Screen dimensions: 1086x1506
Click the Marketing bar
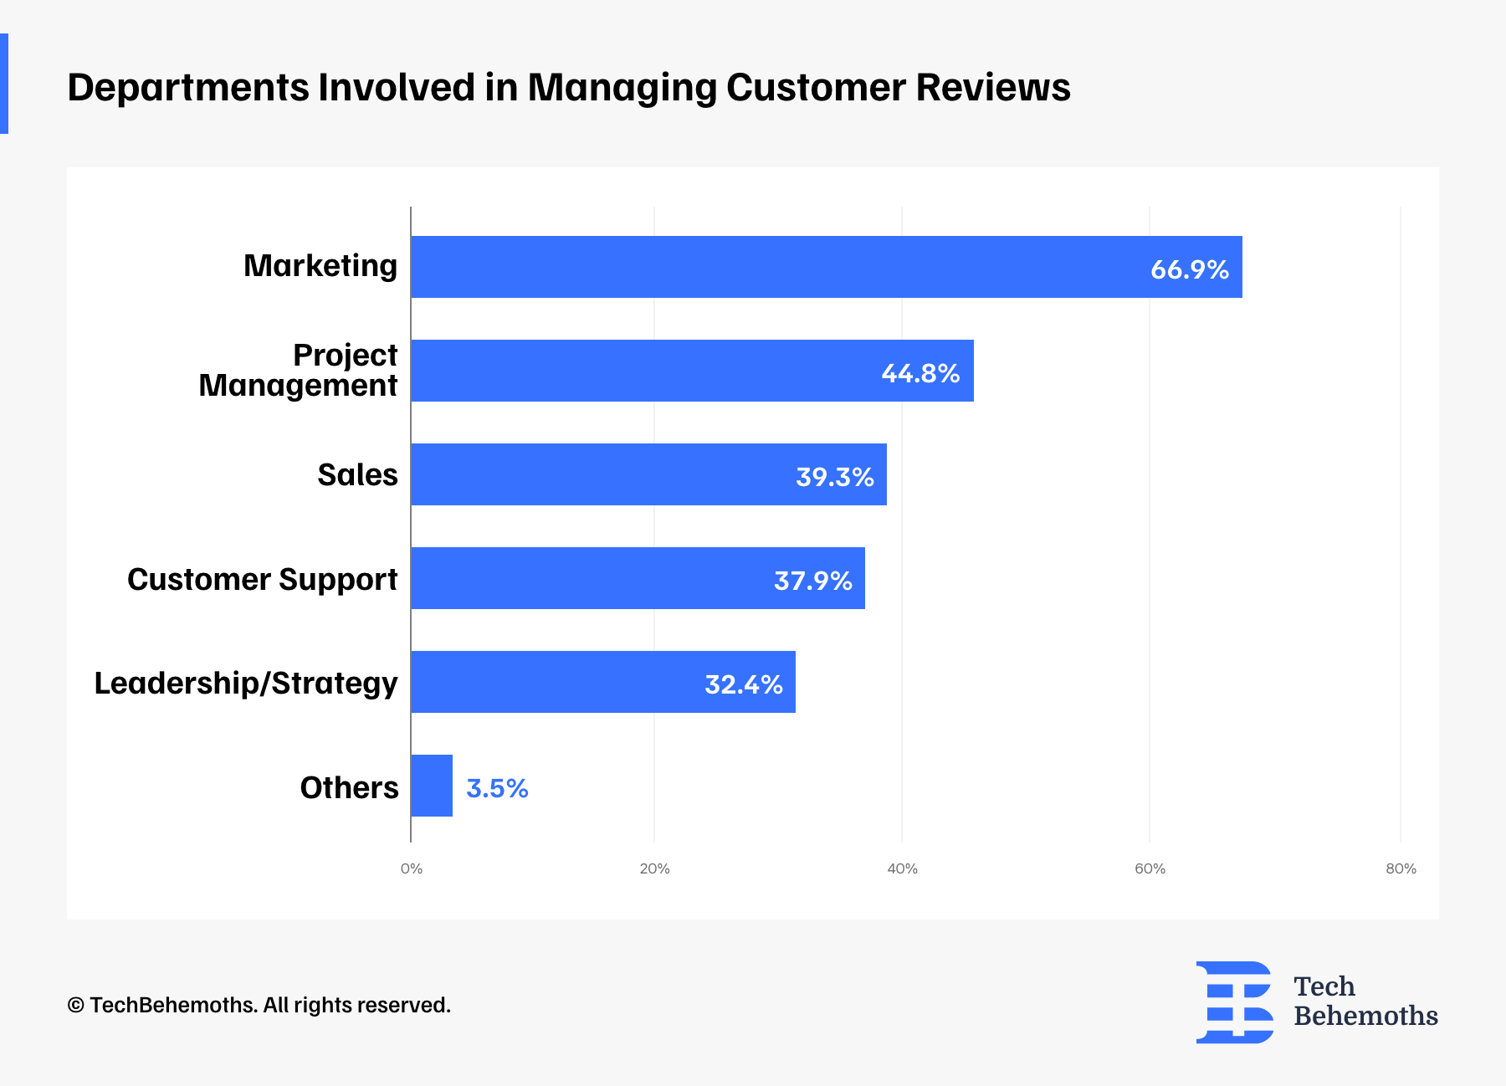(x=826, y=267)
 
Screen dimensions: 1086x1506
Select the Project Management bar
(x=692, y=371)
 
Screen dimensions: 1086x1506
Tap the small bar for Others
(x=432, y=786)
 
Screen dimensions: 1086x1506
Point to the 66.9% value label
(x=1189, y=269)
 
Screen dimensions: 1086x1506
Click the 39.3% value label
(x=834, y=477)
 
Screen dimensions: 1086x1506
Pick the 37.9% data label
(x=812, y=581)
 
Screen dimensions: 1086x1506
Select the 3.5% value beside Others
(x=497, y=788)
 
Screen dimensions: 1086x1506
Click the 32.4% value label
(x=743, y=684)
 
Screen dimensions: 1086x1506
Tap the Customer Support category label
(x=262, y=579)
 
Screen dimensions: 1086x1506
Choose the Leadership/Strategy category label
(x=245, y=683)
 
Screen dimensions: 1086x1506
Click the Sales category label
(x=357, y=475)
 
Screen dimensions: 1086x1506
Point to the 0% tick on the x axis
(x=411, y=868)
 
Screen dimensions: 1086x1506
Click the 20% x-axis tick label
(x=654, y=868)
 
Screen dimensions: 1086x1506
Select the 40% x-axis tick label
(x=902, y=868)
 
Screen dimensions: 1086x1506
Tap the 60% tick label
(x=1150, y=868)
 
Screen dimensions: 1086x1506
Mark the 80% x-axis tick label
(x=1401, y=868)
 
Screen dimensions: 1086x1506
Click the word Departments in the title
(x=187, y=88)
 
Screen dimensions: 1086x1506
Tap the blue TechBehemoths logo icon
(x=1234, y=1001)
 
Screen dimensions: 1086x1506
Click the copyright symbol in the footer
(x=76, y=1006)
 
